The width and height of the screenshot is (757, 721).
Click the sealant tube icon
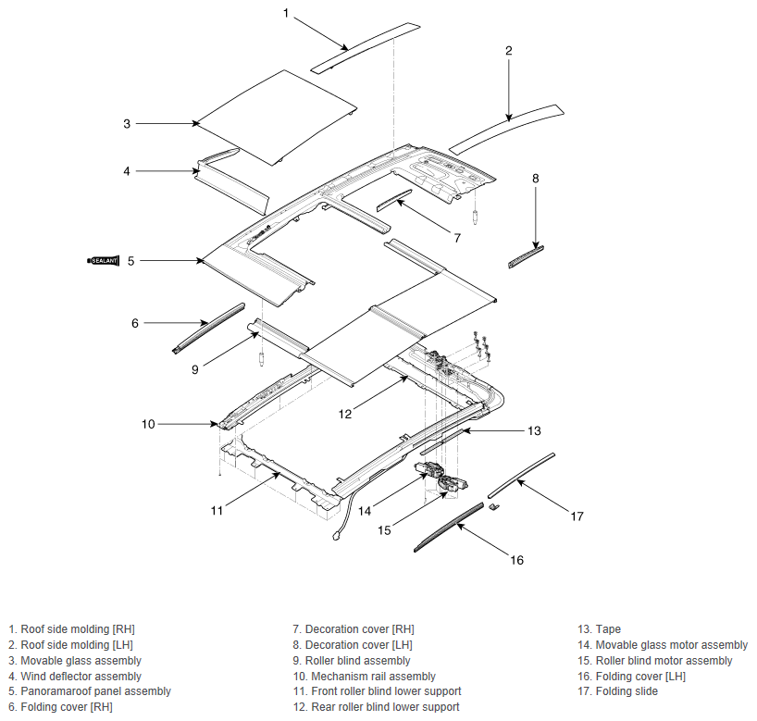[x=103, y=261]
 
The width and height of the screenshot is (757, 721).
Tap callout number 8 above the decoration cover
[x=536, y=179]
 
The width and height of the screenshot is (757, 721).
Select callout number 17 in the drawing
[x=577, y=516]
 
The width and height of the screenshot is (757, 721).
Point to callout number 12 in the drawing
[x=345, y=414]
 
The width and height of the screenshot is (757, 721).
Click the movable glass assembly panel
[x=276, y=118]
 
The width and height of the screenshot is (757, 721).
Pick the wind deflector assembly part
[x=230, y=180]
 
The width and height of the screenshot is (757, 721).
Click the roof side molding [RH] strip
[x=365, y=47]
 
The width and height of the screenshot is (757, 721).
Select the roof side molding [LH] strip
[x=506, y=129]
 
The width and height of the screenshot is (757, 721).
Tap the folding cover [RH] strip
[x=209, y=328]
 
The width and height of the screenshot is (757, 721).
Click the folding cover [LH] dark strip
[x=449, y=527]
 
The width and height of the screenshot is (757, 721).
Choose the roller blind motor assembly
[x=453, y=483]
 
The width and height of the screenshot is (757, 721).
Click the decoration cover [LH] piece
[x=526, y=256]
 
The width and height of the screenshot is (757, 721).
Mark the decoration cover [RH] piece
[x=394, y=201]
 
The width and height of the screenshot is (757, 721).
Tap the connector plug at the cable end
[x=336, y=536]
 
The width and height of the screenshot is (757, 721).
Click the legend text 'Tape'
[x=608, y=629]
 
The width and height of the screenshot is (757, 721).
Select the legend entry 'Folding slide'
[x=627, y=691]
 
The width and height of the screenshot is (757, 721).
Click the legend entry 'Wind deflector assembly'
[x=81, y=676]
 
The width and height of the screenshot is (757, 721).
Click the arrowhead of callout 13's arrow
[x=462, y=429]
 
